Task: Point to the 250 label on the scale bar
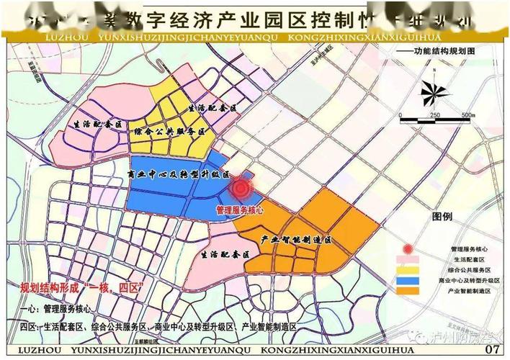(x=434, y=115)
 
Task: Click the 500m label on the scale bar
(x=467, y=115)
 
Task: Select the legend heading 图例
(x=442, y=216)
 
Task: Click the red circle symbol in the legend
(x=408, y=248)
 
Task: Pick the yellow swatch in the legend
(x=408, y=269)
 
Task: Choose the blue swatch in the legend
(x=408, y=279)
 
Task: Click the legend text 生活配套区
(x=465, y=258)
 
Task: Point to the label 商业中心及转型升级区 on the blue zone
(x=177, y=174)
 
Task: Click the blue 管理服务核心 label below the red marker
(x=240, y=210)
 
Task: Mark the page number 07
(x=492, y=349)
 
